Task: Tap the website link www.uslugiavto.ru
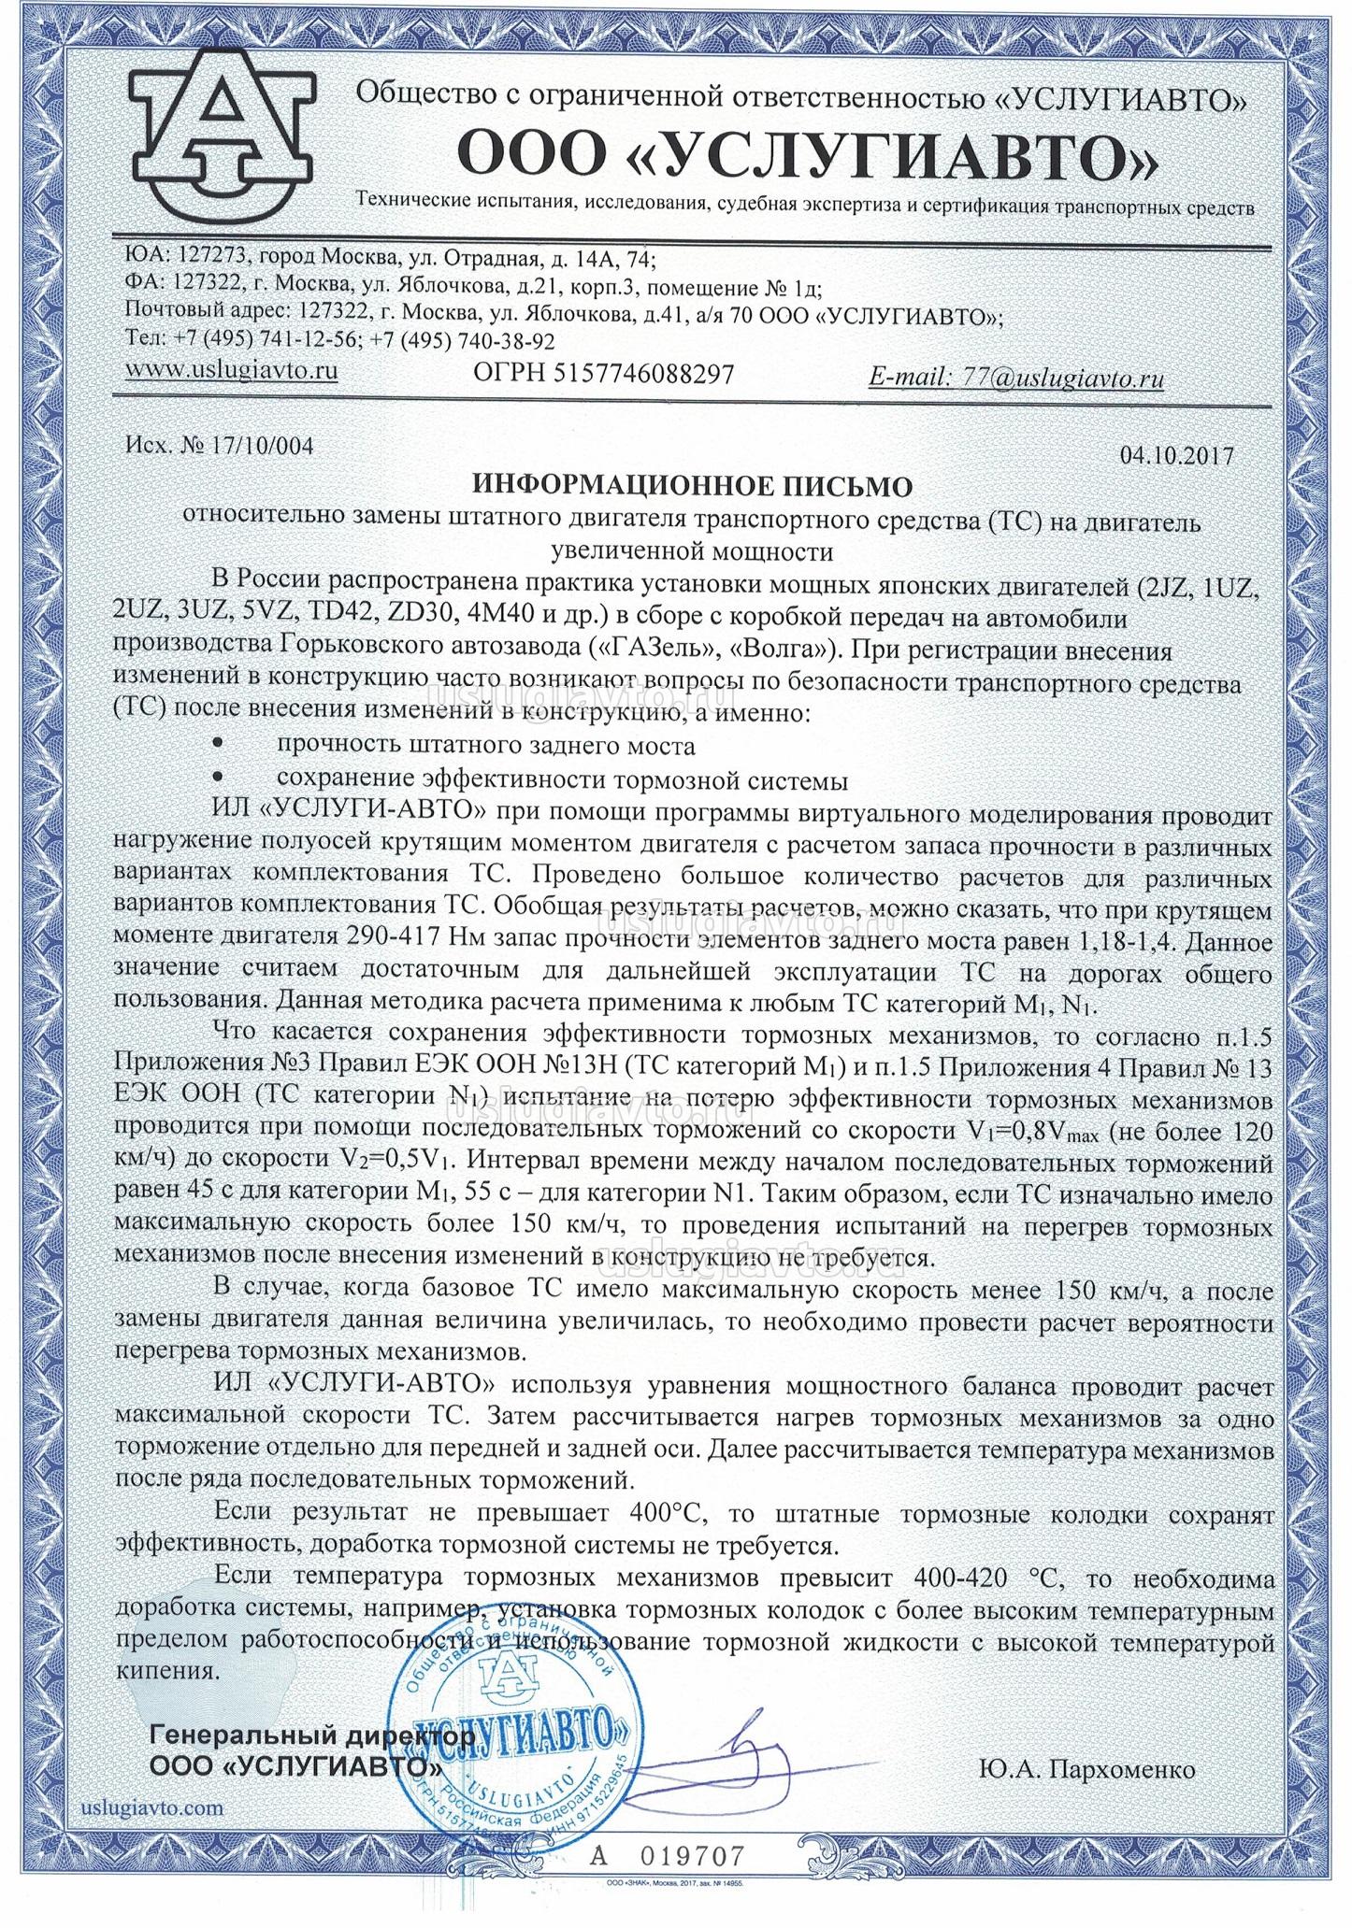(x=231, y=370)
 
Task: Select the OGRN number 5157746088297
(x=644, y=374)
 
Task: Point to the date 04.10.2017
(x=1176, y=455)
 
